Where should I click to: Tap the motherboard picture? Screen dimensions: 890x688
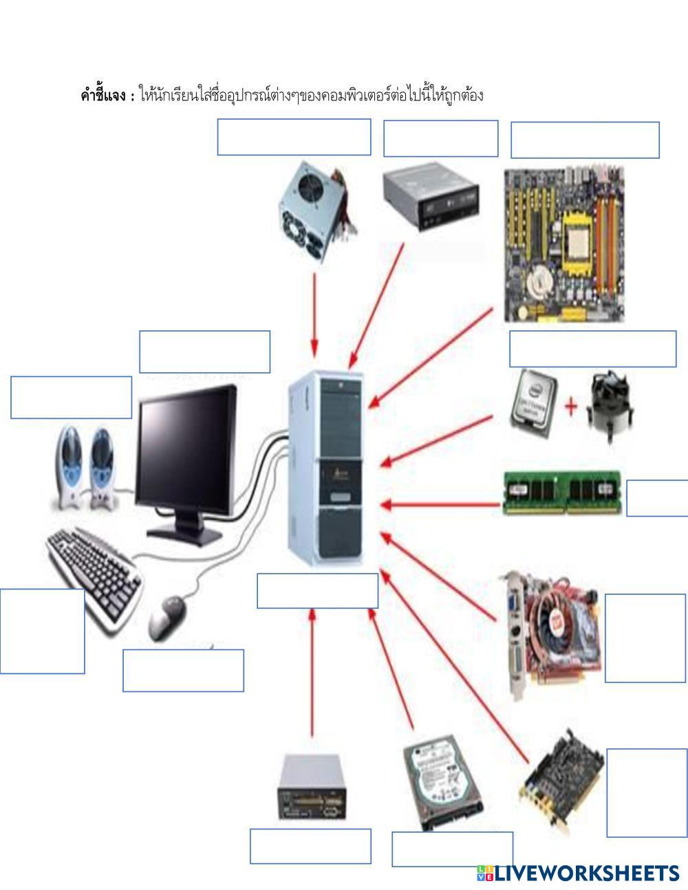pyautogui.click(x=566, y=245)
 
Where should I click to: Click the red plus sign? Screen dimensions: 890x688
pyautogui.click(x=571, y=406)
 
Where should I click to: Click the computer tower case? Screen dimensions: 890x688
pyautogui.click(x=325, y=468)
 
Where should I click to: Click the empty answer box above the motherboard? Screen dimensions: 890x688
pyautogui.click(x=585, y=140)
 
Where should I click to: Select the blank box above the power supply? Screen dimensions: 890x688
pyautogui.click(x=294, y=137)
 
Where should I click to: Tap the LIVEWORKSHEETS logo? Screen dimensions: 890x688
pyautogui.click(x=577, y=873)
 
